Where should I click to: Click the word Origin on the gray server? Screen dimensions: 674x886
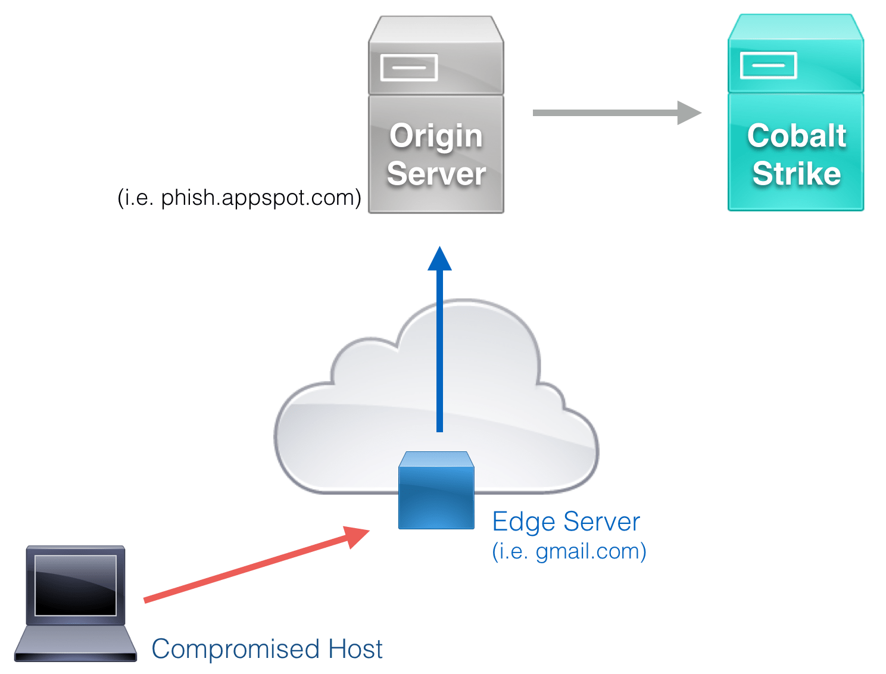pos(436,136)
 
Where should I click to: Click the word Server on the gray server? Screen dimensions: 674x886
pos(436,174)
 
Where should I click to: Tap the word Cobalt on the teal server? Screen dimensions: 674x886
pos(797,136)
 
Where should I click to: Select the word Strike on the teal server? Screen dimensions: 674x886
pos(797,174)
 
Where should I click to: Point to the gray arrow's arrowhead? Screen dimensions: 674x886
pos(690,113)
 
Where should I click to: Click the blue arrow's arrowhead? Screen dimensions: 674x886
pos(439,260)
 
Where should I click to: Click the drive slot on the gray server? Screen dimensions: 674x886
pos(409,67)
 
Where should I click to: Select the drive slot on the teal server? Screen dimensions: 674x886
pos(768,65)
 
